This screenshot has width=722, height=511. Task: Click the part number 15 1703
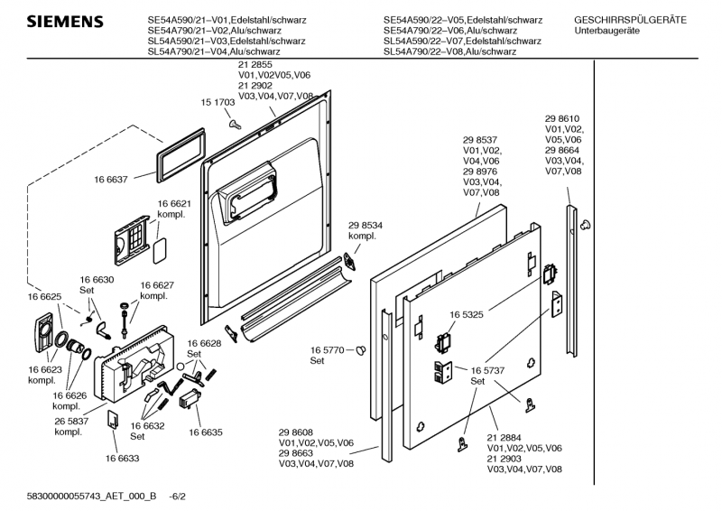[218, 104]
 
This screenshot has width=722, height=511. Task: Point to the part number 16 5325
[467, 316]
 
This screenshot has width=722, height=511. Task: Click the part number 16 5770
[328, 349]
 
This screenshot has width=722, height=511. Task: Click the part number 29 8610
[561, 118]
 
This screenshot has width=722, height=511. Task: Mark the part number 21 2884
[505, 437]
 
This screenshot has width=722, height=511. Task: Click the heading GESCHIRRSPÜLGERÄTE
[630, 19]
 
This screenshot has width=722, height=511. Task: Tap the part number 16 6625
[44, 297]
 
